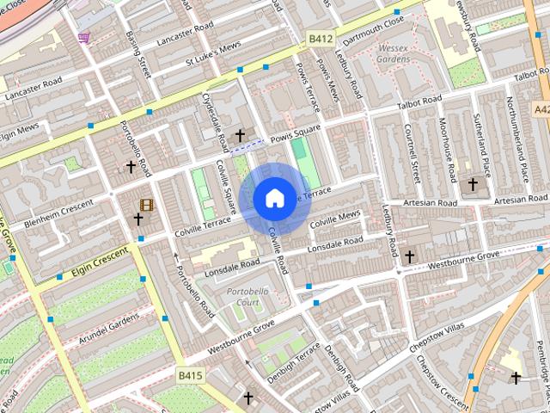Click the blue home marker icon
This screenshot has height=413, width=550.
(274, 199)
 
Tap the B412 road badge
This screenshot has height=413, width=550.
(321, 39)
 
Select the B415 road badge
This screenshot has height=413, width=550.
(190, 375)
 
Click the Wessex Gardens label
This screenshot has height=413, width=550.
(394, 53)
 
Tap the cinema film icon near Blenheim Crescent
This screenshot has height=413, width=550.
(147, 205)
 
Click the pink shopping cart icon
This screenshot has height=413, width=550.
(83, 37)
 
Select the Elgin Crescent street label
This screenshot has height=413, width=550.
(99, 260)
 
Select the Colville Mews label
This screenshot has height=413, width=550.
(335, 219)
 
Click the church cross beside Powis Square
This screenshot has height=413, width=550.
(240, 136)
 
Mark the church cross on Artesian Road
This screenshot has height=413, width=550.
(473, 183)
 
